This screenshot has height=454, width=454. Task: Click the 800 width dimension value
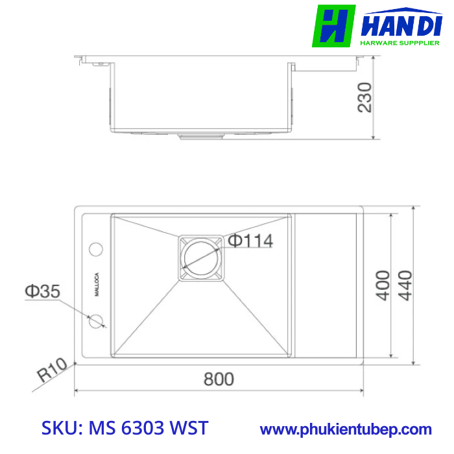point(219,379)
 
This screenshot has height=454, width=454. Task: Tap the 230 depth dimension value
point(365,97)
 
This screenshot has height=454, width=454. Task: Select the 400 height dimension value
point(383,285)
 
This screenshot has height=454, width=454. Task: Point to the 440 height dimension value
point(405,285)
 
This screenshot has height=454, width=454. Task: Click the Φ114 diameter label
point(250,241)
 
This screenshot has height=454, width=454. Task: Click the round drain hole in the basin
point(200,256)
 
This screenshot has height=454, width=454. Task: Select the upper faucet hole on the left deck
point(96,249)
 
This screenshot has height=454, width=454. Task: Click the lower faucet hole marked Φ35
point(96,320)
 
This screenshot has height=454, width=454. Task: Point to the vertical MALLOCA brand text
point(96,284)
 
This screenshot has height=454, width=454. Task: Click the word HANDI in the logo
point(402,27)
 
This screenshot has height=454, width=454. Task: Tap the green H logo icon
point(333,26)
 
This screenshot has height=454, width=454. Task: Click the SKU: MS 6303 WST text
point(125,429)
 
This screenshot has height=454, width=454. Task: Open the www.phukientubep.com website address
point(346,429)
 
